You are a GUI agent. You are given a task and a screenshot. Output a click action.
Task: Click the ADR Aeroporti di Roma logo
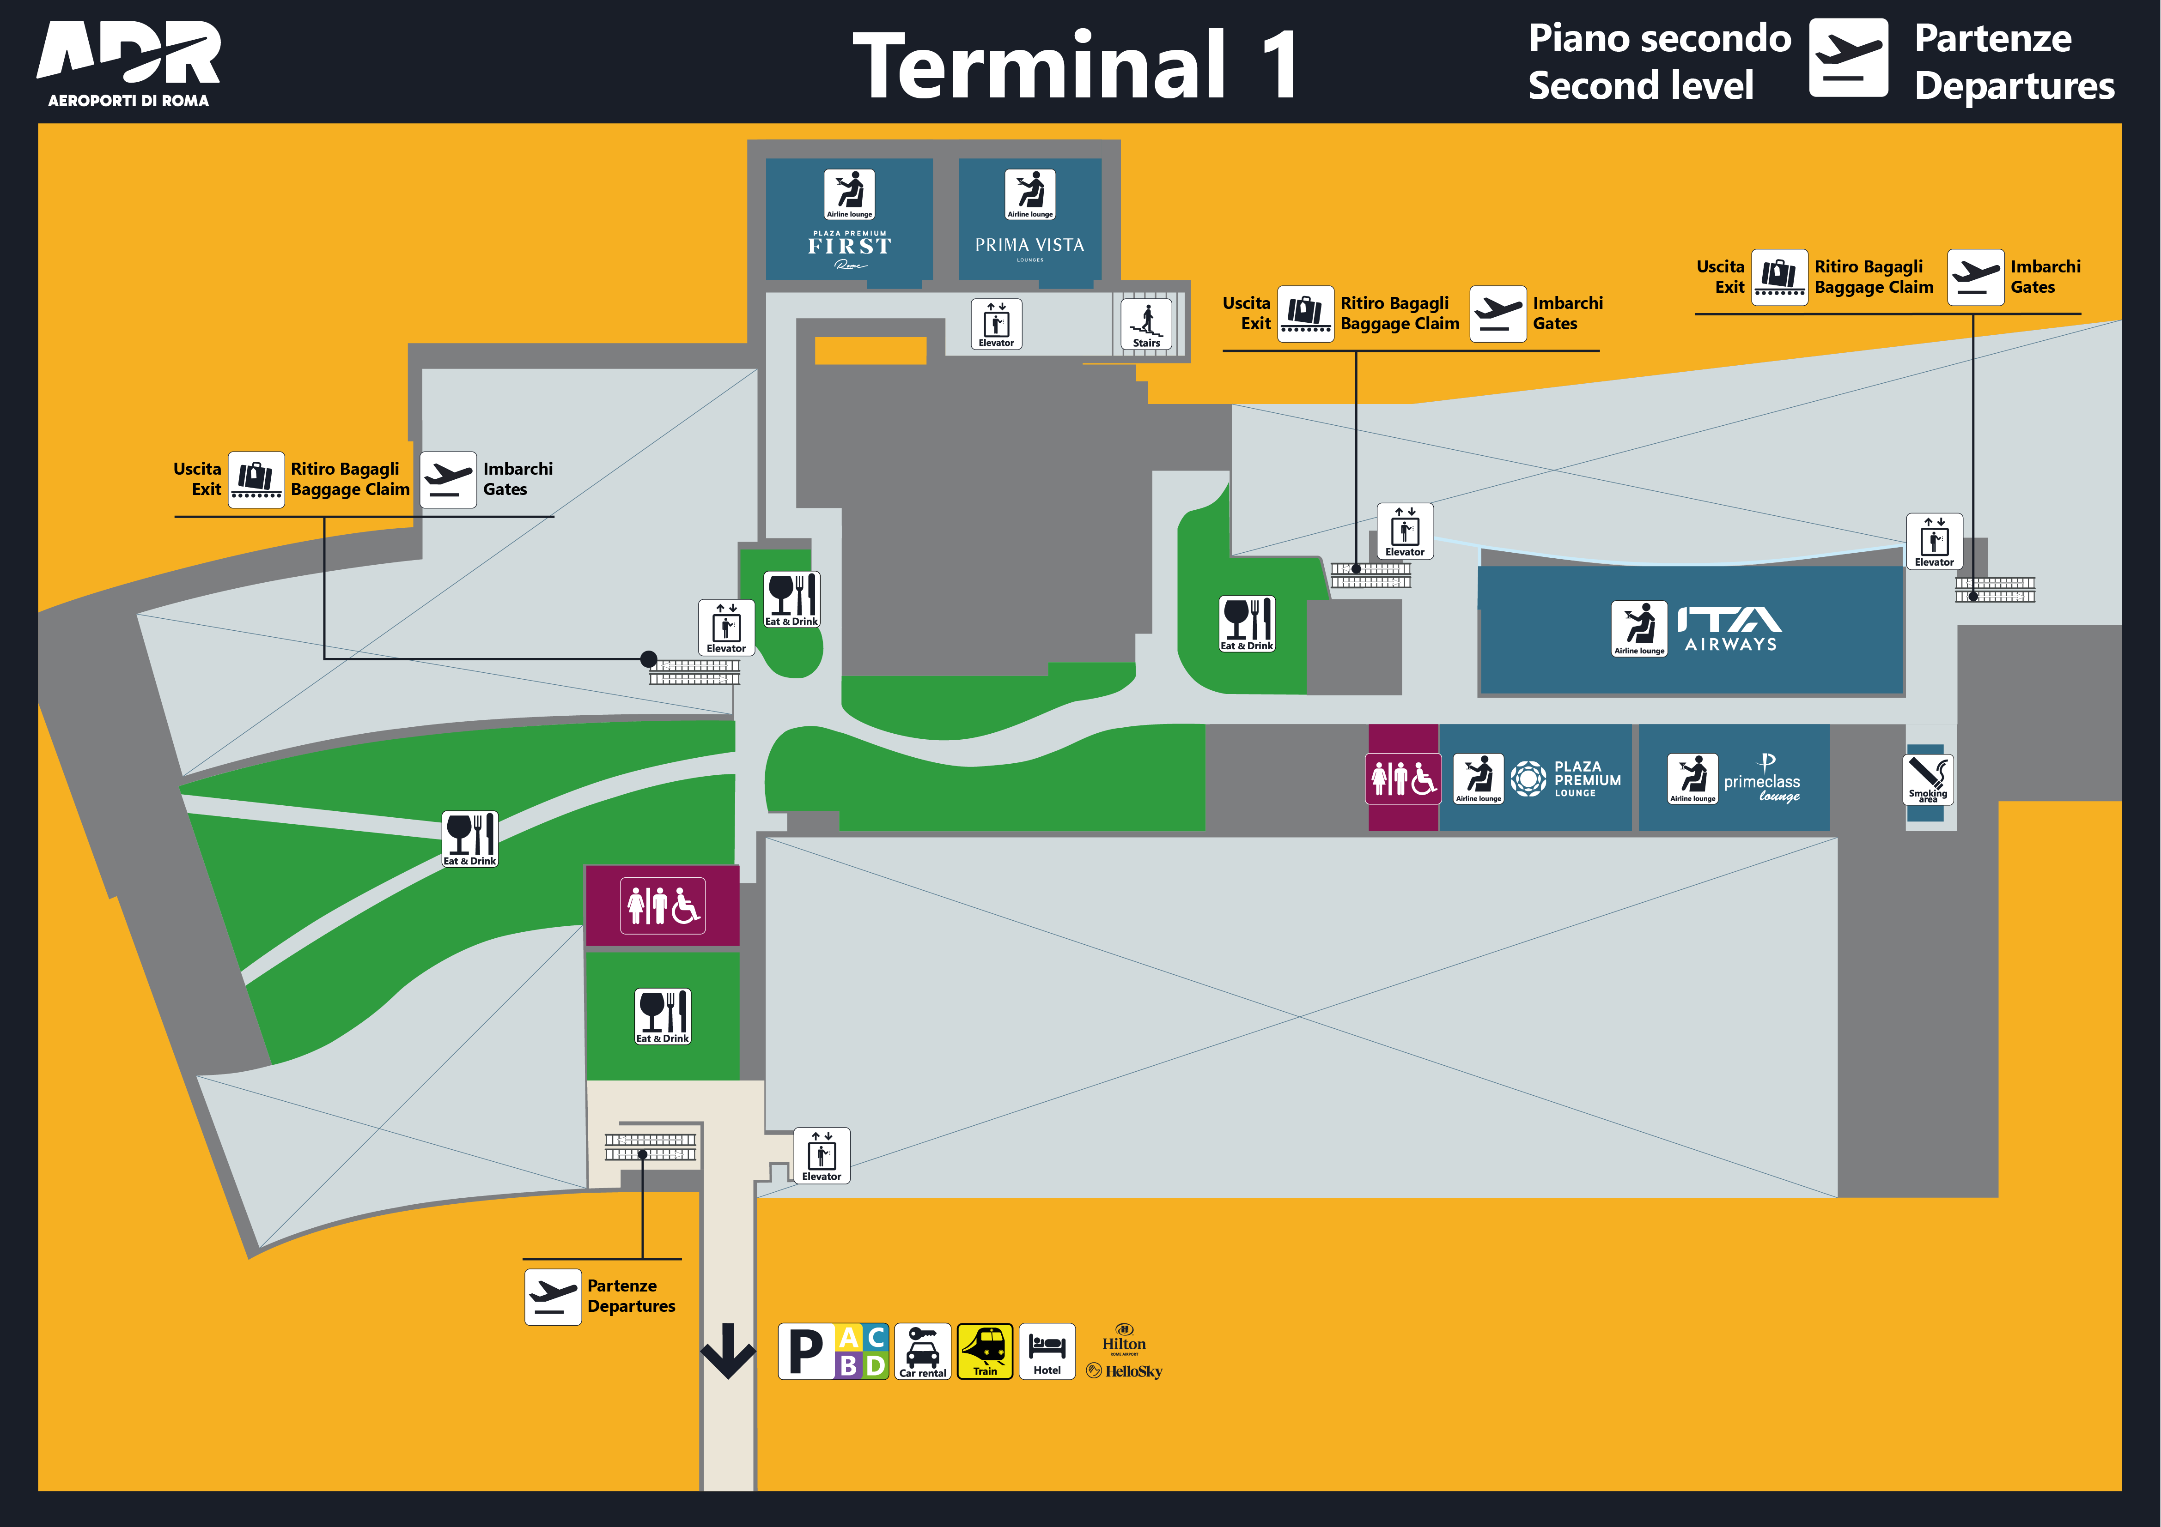click(129, 64)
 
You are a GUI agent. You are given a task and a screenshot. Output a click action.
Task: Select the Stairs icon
click(1146, 324)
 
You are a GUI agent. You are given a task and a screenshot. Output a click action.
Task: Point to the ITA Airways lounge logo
click(1730, 628)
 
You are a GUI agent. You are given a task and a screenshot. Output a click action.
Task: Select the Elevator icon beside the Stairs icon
click(996, 324)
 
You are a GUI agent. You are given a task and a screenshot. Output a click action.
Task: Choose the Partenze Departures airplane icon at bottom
click(553, 1297)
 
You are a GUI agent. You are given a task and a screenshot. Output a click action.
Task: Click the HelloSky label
click(1125, 1371)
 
